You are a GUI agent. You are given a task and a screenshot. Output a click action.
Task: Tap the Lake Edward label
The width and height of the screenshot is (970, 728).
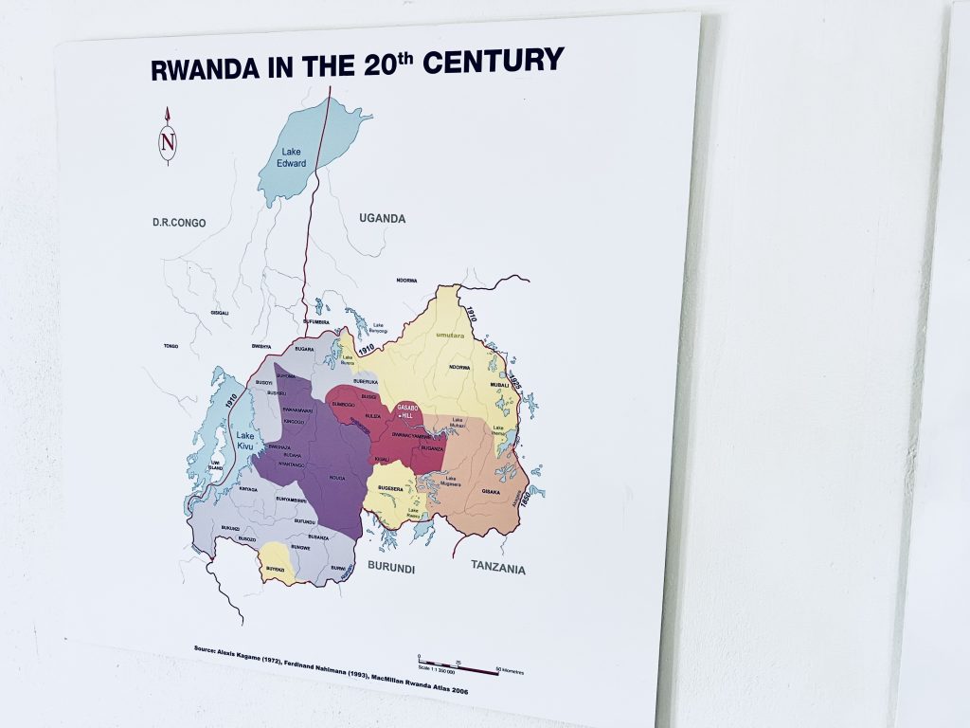tap(291, 156)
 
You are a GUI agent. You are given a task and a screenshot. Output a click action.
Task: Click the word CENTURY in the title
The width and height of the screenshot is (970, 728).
tap(493, 64)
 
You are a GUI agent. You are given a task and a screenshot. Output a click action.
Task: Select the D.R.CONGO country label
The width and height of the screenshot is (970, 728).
tap(179, 223)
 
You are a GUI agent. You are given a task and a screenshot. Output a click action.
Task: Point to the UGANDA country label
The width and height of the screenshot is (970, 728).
tap(382, 219)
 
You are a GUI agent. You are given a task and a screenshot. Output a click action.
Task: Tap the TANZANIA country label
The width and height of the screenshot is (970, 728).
tap(497, 568)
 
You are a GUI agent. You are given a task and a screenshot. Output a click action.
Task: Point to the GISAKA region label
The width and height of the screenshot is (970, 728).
tap(491, 492)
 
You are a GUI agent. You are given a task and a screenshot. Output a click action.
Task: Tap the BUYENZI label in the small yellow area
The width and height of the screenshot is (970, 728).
tap(275, 567)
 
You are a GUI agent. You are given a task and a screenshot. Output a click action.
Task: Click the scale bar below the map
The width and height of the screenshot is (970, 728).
tap(458, 668)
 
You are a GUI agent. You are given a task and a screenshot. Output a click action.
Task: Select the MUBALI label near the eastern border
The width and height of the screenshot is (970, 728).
tap(499, 386)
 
